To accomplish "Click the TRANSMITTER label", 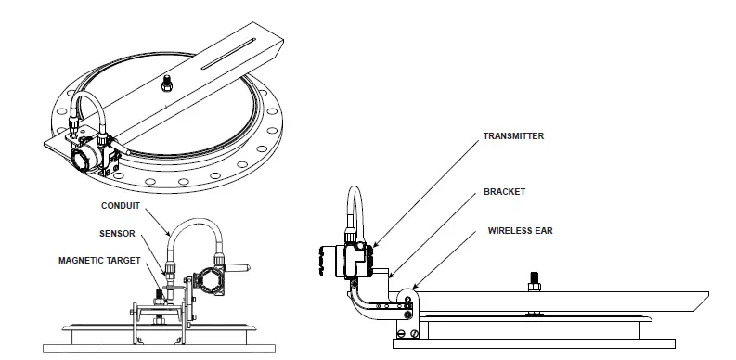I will [x=513, y=136].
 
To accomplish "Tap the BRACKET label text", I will [x=504, y=192].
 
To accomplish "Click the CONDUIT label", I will [x=121, y=205].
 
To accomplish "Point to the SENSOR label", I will [x=118, y=234].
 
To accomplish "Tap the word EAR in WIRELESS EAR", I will [x=543, y=230].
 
